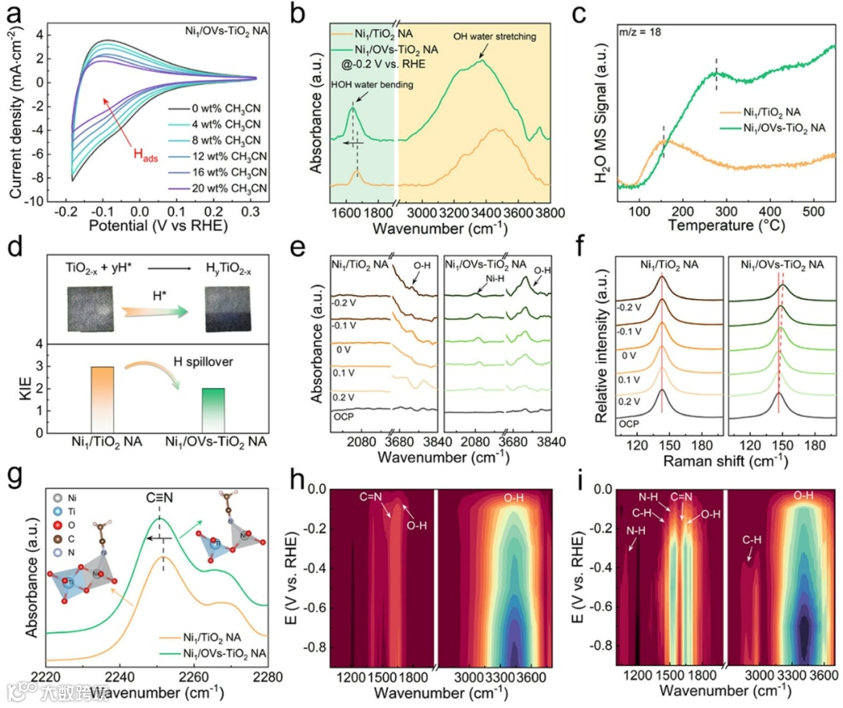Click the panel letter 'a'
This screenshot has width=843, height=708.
click(x=12, y=12)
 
